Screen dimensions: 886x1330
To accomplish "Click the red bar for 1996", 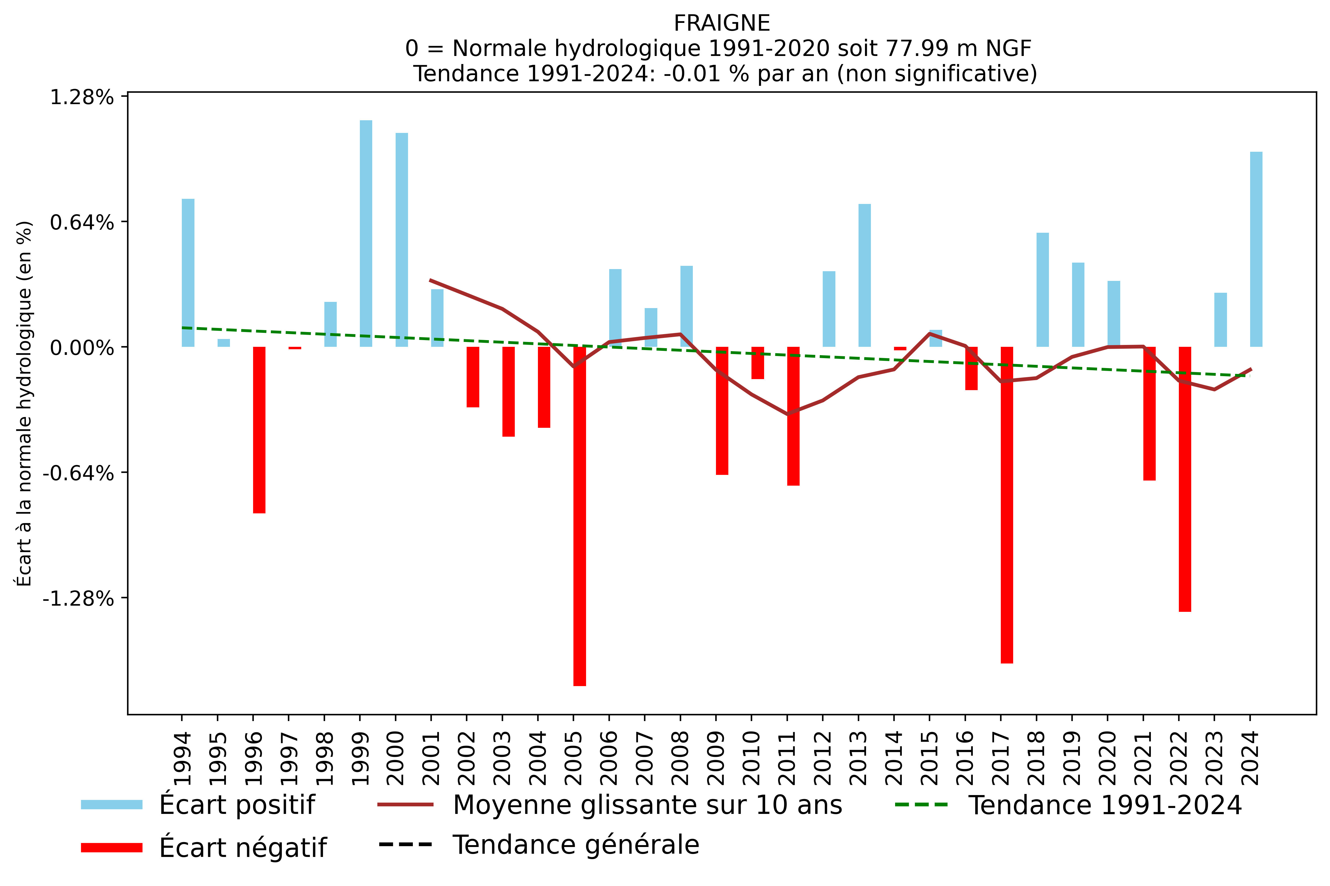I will tap(259, 429).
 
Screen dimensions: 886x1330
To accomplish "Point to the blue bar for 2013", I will tap(865, 275).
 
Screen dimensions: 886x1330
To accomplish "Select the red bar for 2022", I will tap(1185, 479).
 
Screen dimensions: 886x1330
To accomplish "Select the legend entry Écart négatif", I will tap(242, 848).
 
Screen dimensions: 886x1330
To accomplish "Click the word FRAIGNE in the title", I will tap(722, 23).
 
